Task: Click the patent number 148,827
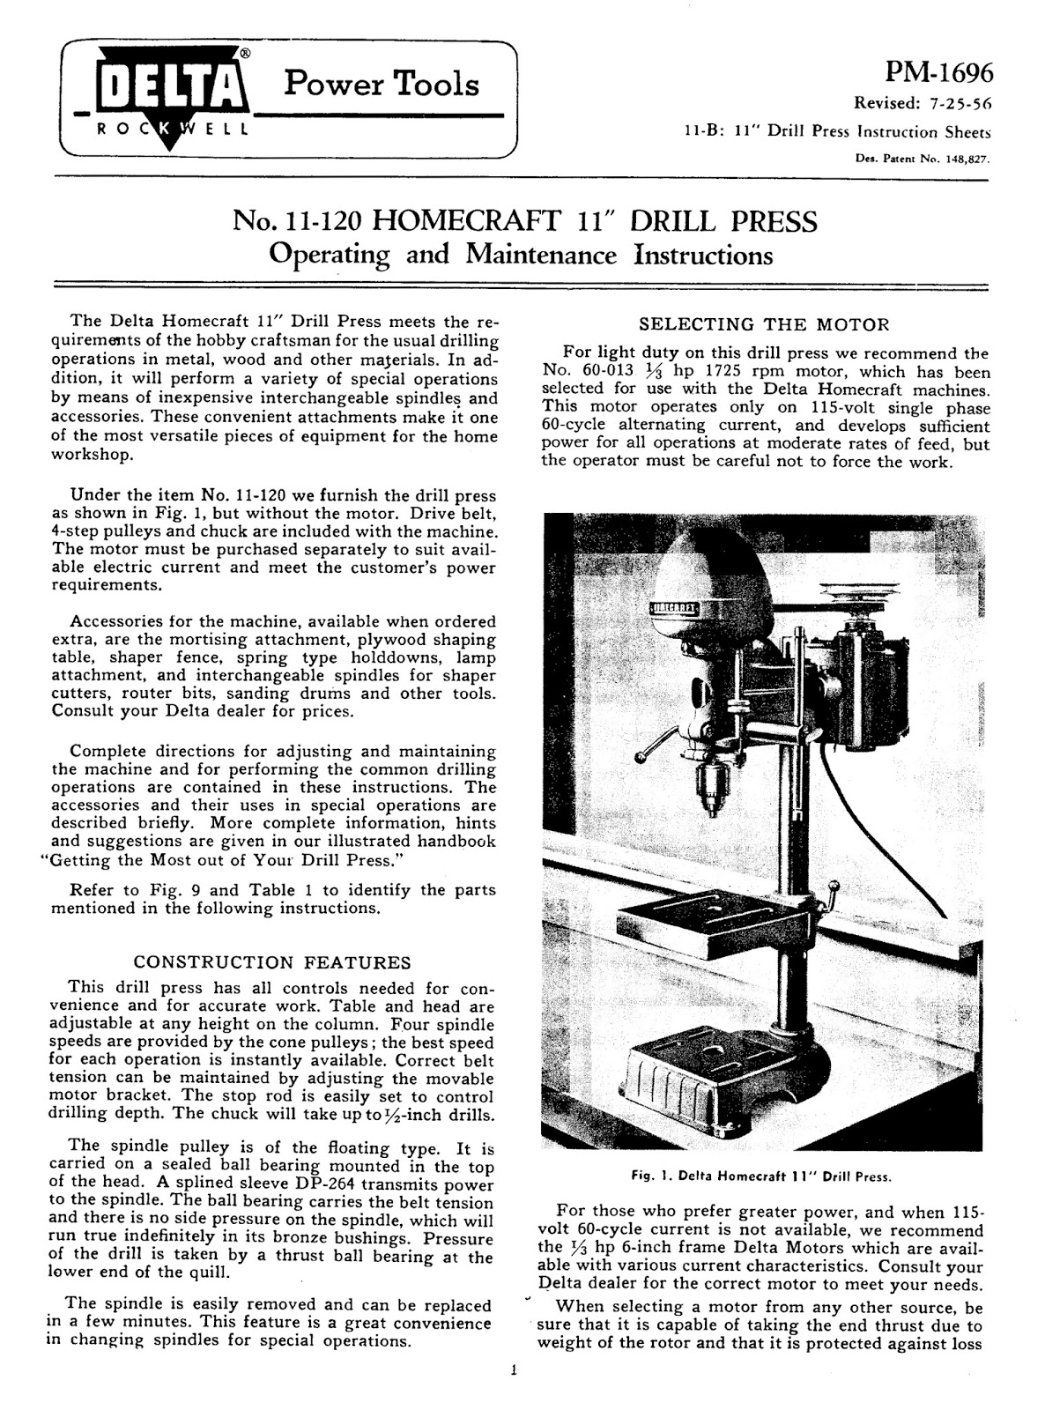[966, 160]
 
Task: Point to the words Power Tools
[382, 84]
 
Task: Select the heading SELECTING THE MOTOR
[764, 324]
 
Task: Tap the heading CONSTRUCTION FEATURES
[271, 962]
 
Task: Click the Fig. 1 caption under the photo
[761, 1176]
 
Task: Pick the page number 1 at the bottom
[513, 1369]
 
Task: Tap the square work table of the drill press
[709, 922]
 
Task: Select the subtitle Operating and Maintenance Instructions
[521, 255]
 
